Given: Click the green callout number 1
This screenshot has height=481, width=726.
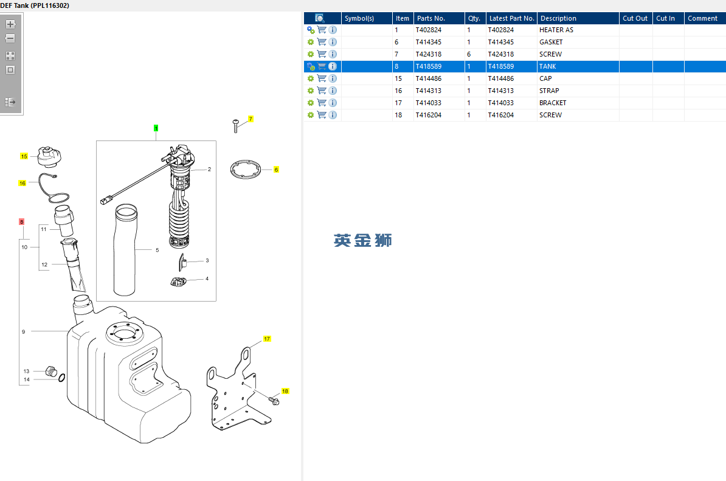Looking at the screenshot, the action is (x=156, y=128).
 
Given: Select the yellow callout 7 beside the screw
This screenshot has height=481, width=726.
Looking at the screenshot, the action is (x=251, y=119).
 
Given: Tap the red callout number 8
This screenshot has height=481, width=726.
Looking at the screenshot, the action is (x=21, y=222).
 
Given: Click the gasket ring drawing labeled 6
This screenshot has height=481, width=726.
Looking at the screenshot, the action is (x=246, y=169).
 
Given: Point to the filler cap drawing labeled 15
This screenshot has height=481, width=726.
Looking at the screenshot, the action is (x=49, y=156).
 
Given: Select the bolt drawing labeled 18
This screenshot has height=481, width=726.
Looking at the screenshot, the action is (x=274, y=401).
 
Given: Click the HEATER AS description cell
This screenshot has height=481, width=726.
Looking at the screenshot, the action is (x=556, y=30).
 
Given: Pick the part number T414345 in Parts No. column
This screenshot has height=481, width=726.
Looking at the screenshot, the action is (x=428, y=42).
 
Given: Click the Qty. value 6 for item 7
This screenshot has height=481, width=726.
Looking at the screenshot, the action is (x=469, y=54).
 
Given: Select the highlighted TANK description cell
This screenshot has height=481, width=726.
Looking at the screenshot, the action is (x=547, y=66).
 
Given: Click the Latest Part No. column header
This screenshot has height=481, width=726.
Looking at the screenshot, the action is (x=511, y=18).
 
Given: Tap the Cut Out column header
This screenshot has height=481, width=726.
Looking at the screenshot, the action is (x=635, y=18).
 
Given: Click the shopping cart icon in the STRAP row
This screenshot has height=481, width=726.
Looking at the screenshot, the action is (x=322, y=90).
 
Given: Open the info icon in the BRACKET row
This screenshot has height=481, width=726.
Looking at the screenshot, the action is (x=333, y=103).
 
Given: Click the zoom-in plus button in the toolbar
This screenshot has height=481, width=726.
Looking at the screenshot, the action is (x=10, y=24).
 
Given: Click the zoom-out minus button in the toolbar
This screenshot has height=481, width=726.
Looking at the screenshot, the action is (x=10, y=38).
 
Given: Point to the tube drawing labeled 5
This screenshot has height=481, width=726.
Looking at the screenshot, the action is (x=125, y=250).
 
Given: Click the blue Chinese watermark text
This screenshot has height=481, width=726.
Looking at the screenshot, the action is (x=362, y=240).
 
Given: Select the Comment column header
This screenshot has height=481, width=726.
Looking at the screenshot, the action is (x=702, y=18).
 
